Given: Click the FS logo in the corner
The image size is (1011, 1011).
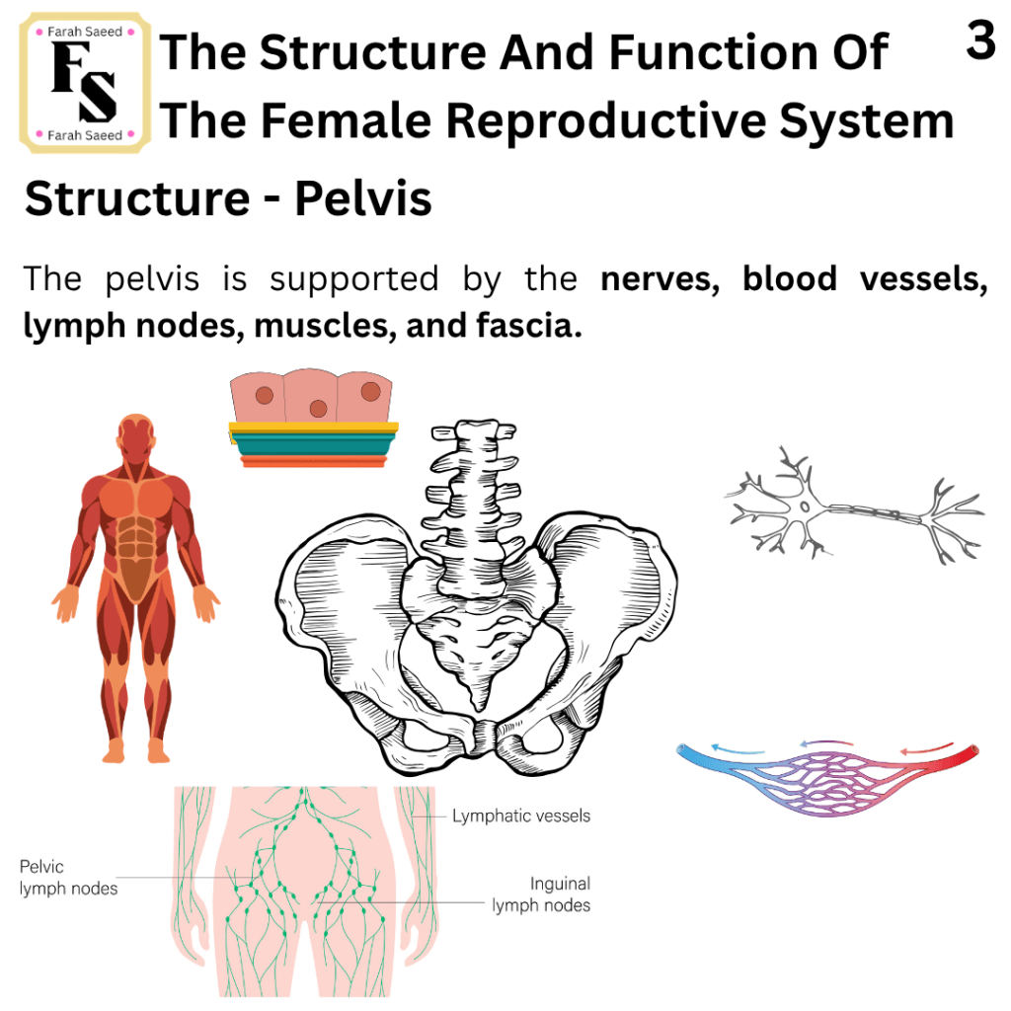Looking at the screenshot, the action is tap(85, 83).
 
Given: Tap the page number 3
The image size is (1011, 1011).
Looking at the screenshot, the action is tap(980, 39).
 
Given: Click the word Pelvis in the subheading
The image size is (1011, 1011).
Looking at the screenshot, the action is tap(363, 197).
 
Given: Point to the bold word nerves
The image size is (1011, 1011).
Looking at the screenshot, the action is tap(660, 279).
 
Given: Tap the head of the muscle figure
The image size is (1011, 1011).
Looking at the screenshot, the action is tap(136, 437).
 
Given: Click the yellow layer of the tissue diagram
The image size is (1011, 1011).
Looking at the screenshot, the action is tap(313, 427).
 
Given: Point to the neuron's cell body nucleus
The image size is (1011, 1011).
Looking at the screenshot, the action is tap(805, 506).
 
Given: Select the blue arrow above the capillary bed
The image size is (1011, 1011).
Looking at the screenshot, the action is tap(738, 749).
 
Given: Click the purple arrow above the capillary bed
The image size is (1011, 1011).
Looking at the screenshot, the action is tap(826, 743).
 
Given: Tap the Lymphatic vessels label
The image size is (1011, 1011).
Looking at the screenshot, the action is tap(521, 817).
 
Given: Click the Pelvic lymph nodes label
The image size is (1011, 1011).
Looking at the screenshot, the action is tap(68, 878).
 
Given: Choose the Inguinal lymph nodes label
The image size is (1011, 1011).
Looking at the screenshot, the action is tap(541, 894).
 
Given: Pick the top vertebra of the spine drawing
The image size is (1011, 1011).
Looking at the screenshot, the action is tap(474, 431).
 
